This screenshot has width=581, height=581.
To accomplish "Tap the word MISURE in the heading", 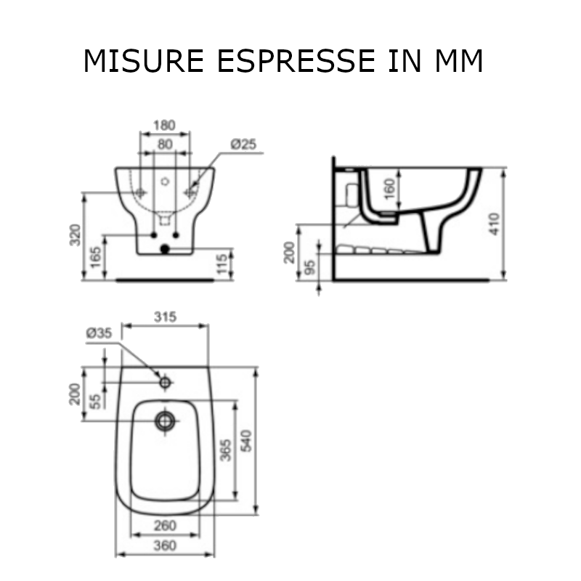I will coord(145,62).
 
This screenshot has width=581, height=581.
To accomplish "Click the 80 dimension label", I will coord(166,144).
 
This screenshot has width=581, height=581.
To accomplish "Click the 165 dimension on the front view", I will coord(94,256).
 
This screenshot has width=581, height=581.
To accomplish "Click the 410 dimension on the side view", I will coord(495,223).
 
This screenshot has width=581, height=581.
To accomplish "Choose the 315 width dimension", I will coord(166,317).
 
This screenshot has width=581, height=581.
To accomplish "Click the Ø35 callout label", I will coord(98,333).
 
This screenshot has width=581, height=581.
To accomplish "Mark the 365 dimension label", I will coord(225,450).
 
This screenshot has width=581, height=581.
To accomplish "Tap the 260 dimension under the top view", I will coord(166,524).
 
